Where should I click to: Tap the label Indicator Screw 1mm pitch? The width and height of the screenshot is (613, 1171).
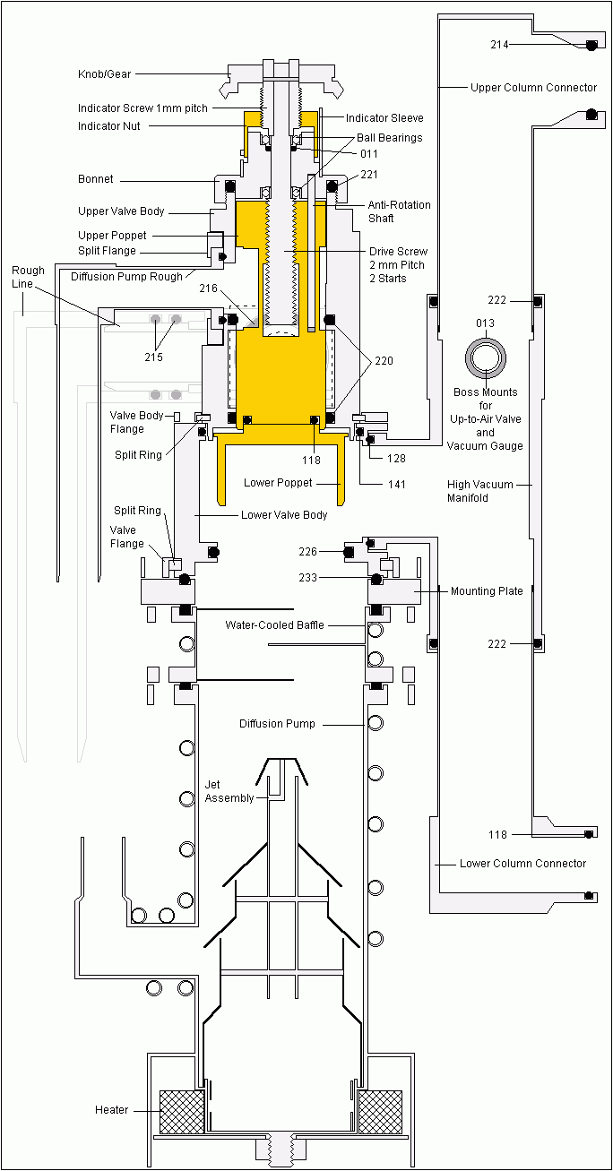pos(142,108)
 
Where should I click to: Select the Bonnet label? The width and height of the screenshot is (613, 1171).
pos(96,179)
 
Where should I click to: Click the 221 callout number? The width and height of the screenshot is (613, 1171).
pos(370,174)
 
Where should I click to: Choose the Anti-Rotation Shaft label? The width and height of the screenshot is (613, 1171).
pos(399,211)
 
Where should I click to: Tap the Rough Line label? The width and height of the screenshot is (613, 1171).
pos(28,277)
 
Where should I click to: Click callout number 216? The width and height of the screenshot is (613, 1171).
pos(208,289)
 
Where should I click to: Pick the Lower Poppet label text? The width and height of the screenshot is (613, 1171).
pos(278,483)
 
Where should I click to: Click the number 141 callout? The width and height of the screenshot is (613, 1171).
pos(396,485)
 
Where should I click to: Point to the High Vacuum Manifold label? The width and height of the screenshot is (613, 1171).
pos(480,491)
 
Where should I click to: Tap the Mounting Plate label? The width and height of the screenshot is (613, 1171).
pos(487,591)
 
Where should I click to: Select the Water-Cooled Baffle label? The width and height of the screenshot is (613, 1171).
pos(274,624)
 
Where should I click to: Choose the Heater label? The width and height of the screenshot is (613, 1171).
pos(112,1110)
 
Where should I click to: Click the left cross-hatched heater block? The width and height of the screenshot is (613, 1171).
pos(181,1111)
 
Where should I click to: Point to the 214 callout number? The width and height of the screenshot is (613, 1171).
pos(499,44)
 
